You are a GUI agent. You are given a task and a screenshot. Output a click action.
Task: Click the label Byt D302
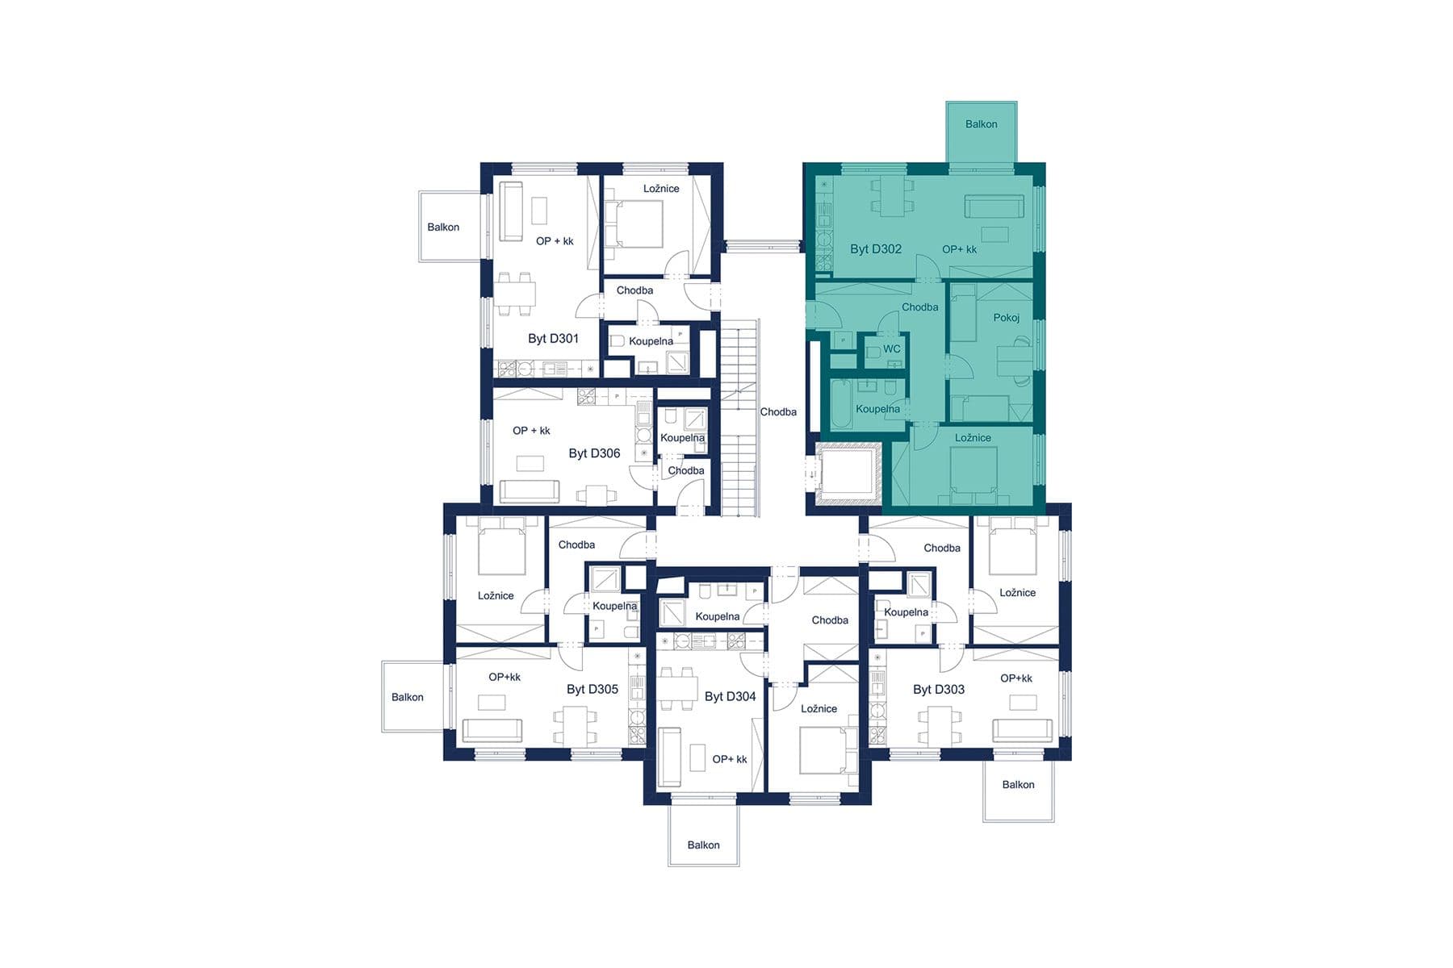[875, 249]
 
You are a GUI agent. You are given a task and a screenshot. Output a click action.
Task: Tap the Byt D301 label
[553, 339]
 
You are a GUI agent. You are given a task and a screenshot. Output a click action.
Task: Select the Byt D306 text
[594, 453]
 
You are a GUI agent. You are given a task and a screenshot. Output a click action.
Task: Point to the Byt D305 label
[592, 690]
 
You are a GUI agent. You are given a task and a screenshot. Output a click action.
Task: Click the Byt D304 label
[730, 696]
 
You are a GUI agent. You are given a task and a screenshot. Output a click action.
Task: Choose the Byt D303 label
[938, 690]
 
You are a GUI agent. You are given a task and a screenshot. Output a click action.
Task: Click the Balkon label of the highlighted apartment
[981, 124]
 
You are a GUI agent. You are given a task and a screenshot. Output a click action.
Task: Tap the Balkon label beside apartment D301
[443, 227]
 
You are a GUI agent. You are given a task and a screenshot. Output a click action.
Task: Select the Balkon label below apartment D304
[703, 845]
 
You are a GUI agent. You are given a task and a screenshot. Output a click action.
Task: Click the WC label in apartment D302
[891, 349]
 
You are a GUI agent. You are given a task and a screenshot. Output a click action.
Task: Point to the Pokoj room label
[1006, 318]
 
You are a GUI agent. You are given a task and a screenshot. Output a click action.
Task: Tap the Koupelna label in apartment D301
[651, 341]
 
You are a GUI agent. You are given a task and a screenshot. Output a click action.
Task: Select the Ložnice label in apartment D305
[495, 596]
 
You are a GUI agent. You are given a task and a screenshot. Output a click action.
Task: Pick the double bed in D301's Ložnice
[634, 223]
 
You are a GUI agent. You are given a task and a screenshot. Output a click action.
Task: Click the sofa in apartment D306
[529, 490]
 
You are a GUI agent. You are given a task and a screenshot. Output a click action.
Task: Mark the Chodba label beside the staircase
[778, 412]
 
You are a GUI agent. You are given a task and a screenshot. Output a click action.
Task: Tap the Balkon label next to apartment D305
[407, 698]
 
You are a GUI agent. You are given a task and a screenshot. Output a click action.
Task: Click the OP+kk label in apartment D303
[1015, 678]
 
